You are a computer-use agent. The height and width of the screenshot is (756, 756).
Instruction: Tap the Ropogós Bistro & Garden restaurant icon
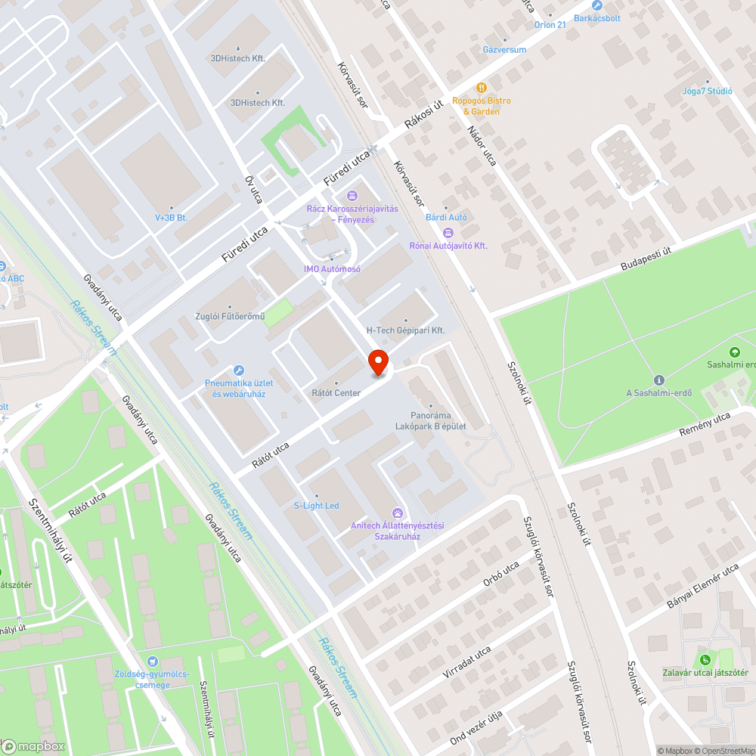point(481,88)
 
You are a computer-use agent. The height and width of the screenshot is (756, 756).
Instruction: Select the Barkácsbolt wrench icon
point(596,5)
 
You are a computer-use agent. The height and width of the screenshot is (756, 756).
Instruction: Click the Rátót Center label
point(336,393)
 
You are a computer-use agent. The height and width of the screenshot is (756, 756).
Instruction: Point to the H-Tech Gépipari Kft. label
point(405,330)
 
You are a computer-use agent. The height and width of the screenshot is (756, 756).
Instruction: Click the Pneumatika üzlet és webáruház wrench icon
point(239,370)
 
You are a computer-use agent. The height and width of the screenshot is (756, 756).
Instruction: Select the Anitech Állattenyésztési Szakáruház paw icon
point(398,513)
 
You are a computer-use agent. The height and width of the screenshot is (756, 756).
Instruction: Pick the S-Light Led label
point(316,505)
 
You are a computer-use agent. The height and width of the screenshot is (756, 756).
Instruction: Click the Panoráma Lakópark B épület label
point(430,421)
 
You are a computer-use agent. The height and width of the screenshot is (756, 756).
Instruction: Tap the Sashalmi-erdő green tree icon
point(733,352)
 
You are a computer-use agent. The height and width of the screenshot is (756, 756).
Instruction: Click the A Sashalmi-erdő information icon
point(658,380)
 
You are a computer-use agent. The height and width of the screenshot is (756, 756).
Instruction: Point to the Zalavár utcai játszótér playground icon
point(705,660)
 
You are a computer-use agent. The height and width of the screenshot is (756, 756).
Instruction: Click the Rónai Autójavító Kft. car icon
point(448,233)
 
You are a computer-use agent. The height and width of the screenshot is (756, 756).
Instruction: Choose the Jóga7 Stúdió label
point(708,91)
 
